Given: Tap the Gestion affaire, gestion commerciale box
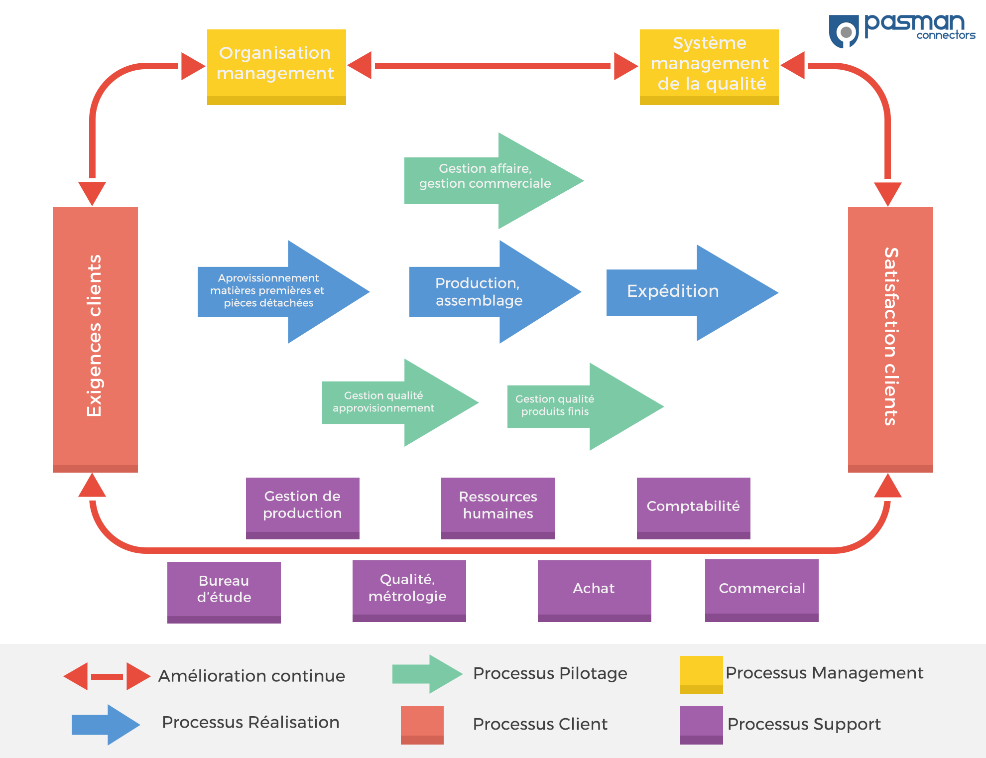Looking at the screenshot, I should point(494,180).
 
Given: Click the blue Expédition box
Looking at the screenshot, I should point(692,292).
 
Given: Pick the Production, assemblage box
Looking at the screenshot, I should point(495,292).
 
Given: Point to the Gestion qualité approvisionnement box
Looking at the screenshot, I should point(400,402).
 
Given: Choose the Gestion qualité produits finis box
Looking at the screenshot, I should point(586,406).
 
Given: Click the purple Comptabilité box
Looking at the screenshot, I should point(693,506).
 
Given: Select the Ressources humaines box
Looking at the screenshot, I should point(498,506).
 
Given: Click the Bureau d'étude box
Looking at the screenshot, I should point(224,590).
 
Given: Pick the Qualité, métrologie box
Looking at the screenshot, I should point(409,589).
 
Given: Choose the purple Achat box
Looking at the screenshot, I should point(594,589).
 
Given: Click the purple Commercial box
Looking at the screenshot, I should point(762,589).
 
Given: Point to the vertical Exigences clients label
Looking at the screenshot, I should point(95,336).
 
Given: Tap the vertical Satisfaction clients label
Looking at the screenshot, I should point(890,336).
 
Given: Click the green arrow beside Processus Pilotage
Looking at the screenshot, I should point(427,674).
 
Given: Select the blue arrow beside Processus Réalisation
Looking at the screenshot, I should point(106,725).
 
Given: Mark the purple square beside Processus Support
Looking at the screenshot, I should point(701,725).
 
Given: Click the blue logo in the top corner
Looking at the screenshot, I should point(902,31).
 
